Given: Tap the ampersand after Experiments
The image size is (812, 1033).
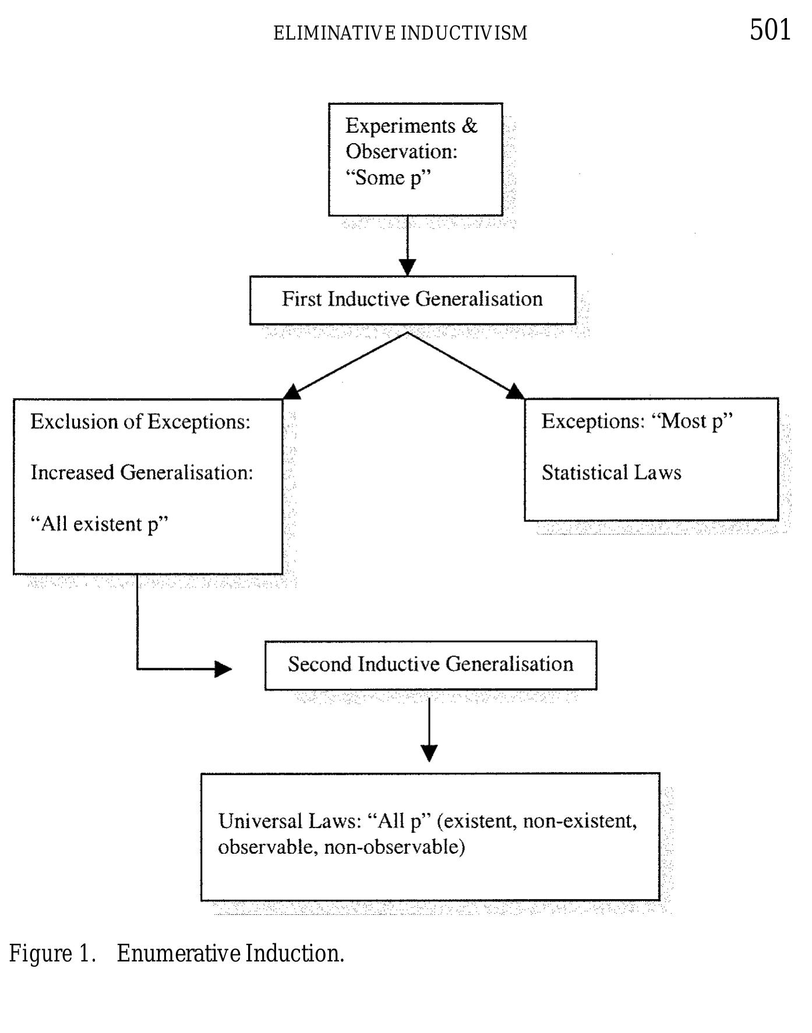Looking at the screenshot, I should click(469, 126).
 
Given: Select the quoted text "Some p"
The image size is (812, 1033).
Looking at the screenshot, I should click(388, 178).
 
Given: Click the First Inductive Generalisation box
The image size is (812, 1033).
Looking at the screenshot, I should click(412, 300).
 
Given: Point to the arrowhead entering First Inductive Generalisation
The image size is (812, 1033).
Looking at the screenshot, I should click(408, 268).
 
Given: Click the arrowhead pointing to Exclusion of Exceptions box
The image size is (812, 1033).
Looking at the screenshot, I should click(291, 392).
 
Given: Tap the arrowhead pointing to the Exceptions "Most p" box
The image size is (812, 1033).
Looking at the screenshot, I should click(515, 391).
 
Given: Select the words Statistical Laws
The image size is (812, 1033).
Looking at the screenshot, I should click(611, 473).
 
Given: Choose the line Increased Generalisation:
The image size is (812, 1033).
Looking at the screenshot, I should click(142, 473).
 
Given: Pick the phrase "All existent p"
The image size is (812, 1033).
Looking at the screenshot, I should click(99, 524).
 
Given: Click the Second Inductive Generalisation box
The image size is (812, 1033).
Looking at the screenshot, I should click(430, 665).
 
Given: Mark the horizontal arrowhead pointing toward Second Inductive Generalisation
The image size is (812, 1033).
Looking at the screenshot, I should click(223, 669).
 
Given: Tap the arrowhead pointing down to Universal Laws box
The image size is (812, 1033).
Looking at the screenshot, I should click(429, 753).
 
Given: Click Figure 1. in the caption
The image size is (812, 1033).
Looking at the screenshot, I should click(52, 954).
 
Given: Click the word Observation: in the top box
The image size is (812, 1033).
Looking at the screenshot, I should click(401, 151).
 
